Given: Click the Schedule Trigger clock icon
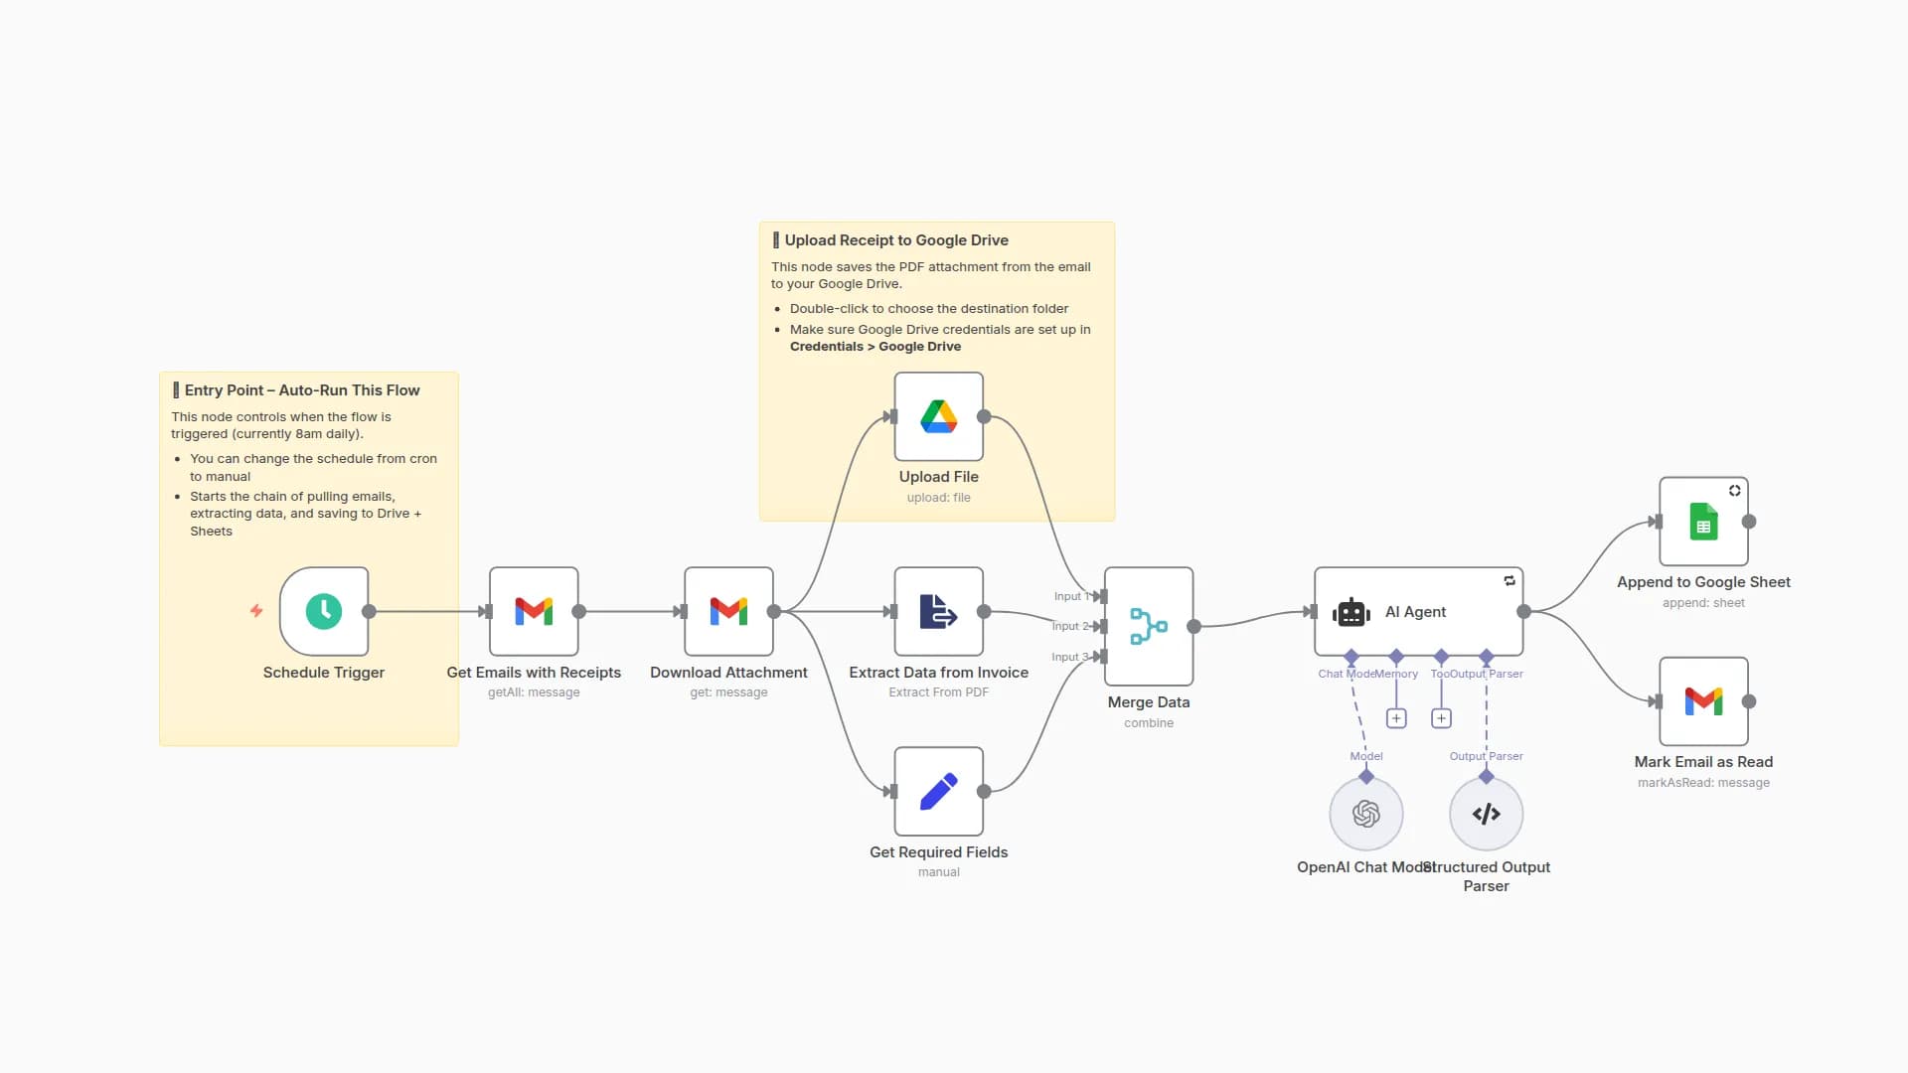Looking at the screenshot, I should tap(324, 611).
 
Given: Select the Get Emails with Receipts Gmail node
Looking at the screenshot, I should tap(534, 611).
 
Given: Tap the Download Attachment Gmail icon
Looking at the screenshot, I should tap(728, 611).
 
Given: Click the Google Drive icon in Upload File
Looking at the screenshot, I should tap(938, 416).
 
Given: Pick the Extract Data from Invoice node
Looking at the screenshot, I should tap(938, 611).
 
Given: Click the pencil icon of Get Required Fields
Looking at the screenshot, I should tap(938, 792).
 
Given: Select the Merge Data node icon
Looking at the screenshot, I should tap(1148, 626).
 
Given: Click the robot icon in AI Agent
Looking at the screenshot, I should tap(1351, 612).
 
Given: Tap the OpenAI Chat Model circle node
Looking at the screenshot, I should tap(1366, 814).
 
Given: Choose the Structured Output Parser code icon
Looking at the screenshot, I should tap(1486, 814).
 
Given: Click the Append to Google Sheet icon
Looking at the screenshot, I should tap(1703, 522).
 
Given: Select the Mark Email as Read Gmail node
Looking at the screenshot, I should tap(1703, 701).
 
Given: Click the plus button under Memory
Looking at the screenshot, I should tap(1396, 718).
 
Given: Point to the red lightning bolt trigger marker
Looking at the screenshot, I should tap(256, 611).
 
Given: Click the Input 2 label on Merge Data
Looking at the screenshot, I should tap(1070, 626).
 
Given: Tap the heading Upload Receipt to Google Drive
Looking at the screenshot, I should tap(895, 240).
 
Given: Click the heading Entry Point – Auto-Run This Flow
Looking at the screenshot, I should tap(301, 390).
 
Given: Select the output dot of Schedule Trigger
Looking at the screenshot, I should tap(369, 611).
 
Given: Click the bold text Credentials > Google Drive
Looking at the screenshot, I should tap(874, 347).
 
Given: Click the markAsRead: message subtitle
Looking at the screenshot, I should tap(1703, 783).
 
